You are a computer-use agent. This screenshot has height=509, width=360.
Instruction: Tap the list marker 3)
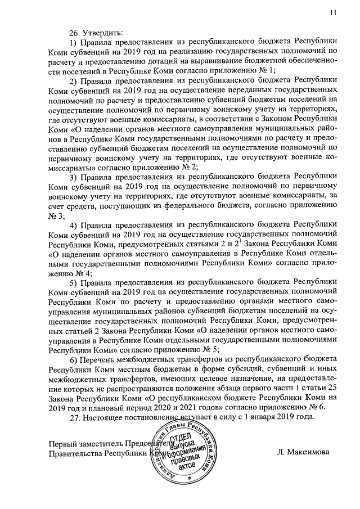click(73, 177)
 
